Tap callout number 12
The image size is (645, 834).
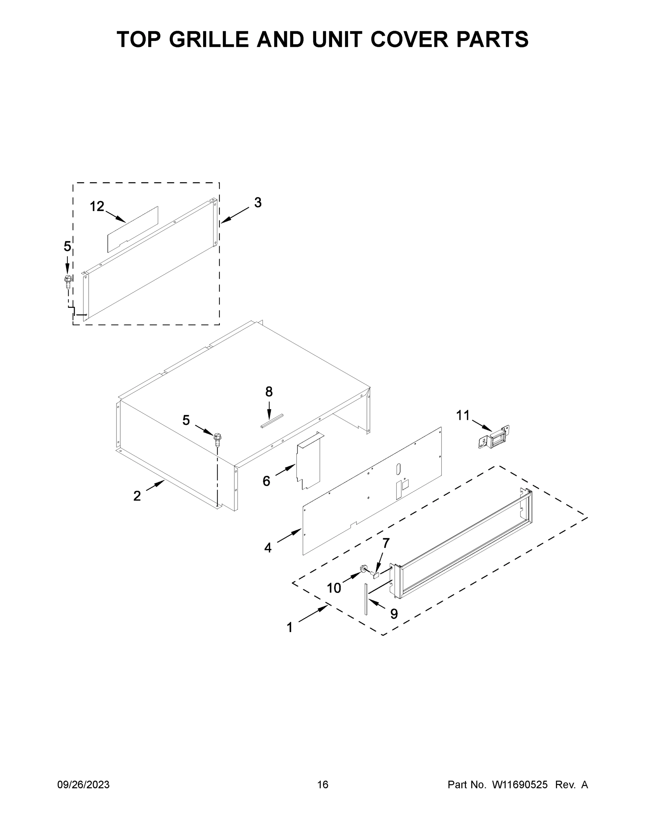click(x=97, y=207)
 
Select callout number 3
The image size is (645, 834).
click(x=258, y=202)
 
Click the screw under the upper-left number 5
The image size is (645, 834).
click(x=68, y=283)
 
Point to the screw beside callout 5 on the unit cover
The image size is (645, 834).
click(x=218, y=440)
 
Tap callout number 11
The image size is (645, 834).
click(x=463, y=415)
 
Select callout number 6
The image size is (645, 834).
click(x=266, y=481)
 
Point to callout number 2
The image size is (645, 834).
click(x=137, y=496)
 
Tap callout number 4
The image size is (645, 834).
click(x=268, y=548)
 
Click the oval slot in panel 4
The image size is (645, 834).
click(x=398, y=468)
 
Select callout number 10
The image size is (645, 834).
click(x=333, y=588)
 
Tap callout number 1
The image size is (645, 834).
click(x=290, y=627)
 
